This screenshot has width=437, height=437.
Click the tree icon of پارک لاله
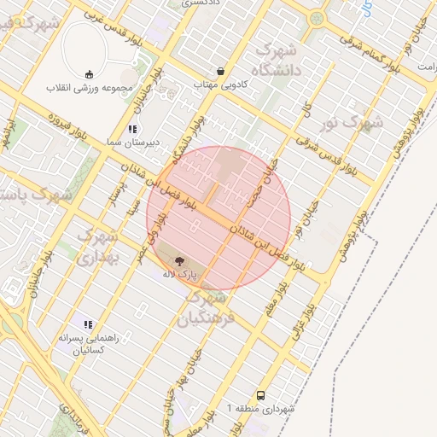(180, 261)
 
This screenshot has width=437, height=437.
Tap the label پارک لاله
(180, 275)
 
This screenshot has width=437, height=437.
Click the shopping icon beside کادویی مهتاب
(222, 72)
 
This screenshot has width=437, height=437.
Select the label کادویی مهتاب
(222, 85)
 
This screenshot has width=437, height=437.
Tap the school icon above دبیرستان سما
(131, 129)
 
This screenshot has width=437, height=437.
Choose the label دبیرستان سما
(131, 143)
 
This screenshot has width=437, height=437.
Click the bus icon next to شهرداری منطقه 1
(260, 395)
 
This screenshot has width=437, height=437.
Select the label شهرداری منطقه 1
(260, 409)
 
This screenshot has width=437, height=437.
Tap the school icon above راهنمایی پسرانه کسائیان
(87, 323)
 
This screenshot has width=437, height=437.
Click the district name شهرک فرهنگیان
(204, 309)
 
